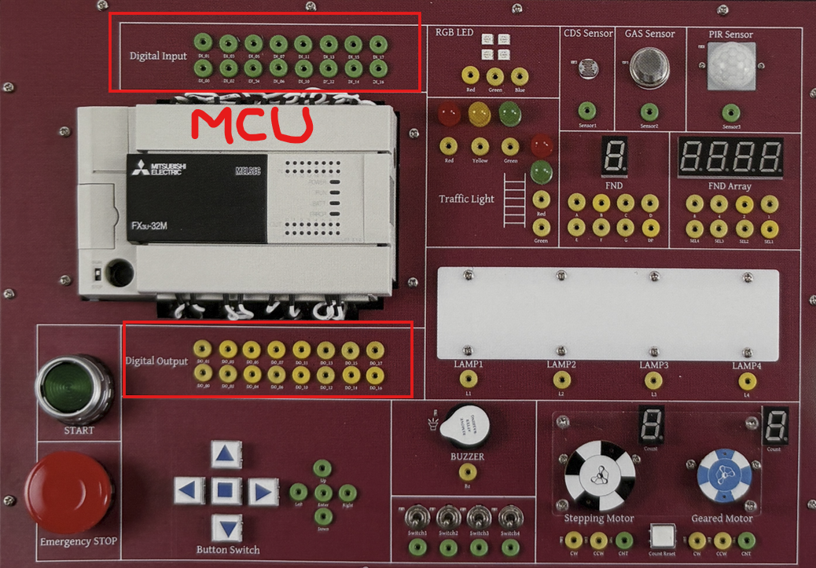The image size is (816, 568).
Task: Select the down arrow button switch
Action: (x=227, y=527)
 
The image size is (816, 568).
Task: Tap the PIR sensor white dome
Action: (x=730, y=64)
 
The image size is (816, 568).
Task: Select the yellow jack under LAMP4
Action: (x=747, y=381)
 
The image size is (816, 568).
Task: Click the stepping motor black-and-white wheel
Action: (x=600, y=475)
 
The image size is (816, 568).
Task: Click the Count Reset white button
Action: (x=663, y=536)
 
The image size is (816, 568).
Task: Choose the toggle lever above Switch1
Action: (x=417, y=519)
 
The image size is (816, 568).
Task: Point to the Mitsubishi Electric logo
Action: (x=156, y=168)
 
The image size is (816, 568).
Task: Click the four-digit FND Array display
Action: (x=730, y=158)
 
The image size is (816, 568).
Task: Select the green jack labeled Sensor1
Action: (x=586, y=112)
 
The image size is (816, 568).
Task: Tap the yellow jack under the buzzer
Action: (x=467, y=472)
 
